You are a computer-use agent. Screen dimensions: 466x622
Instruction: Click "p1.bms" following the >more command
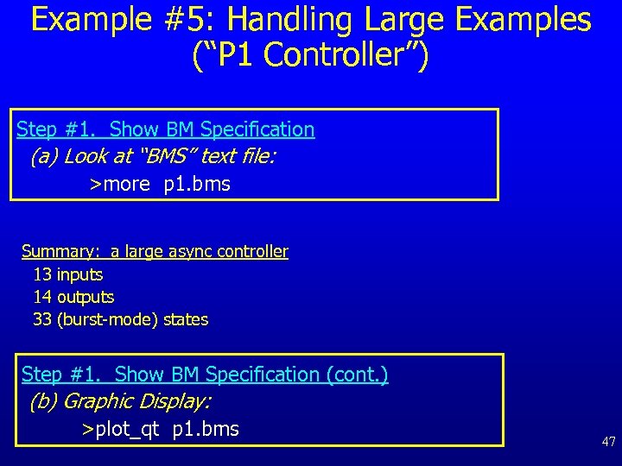pos(197,184)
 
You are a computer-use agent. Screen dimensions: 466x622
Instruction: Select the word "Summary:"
pos(60,251)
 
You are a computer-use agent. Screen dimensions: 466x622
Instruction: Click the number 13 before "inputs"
pos(42,274)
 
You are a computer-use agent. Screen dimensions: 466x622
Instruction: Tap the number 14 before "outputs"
pos(42,297)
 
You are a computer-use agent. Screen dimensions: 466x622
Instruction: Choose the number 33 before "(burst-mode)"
pos(42,319)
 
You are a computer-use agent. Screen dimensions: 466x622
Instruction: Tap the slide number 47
pos(609,442)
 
